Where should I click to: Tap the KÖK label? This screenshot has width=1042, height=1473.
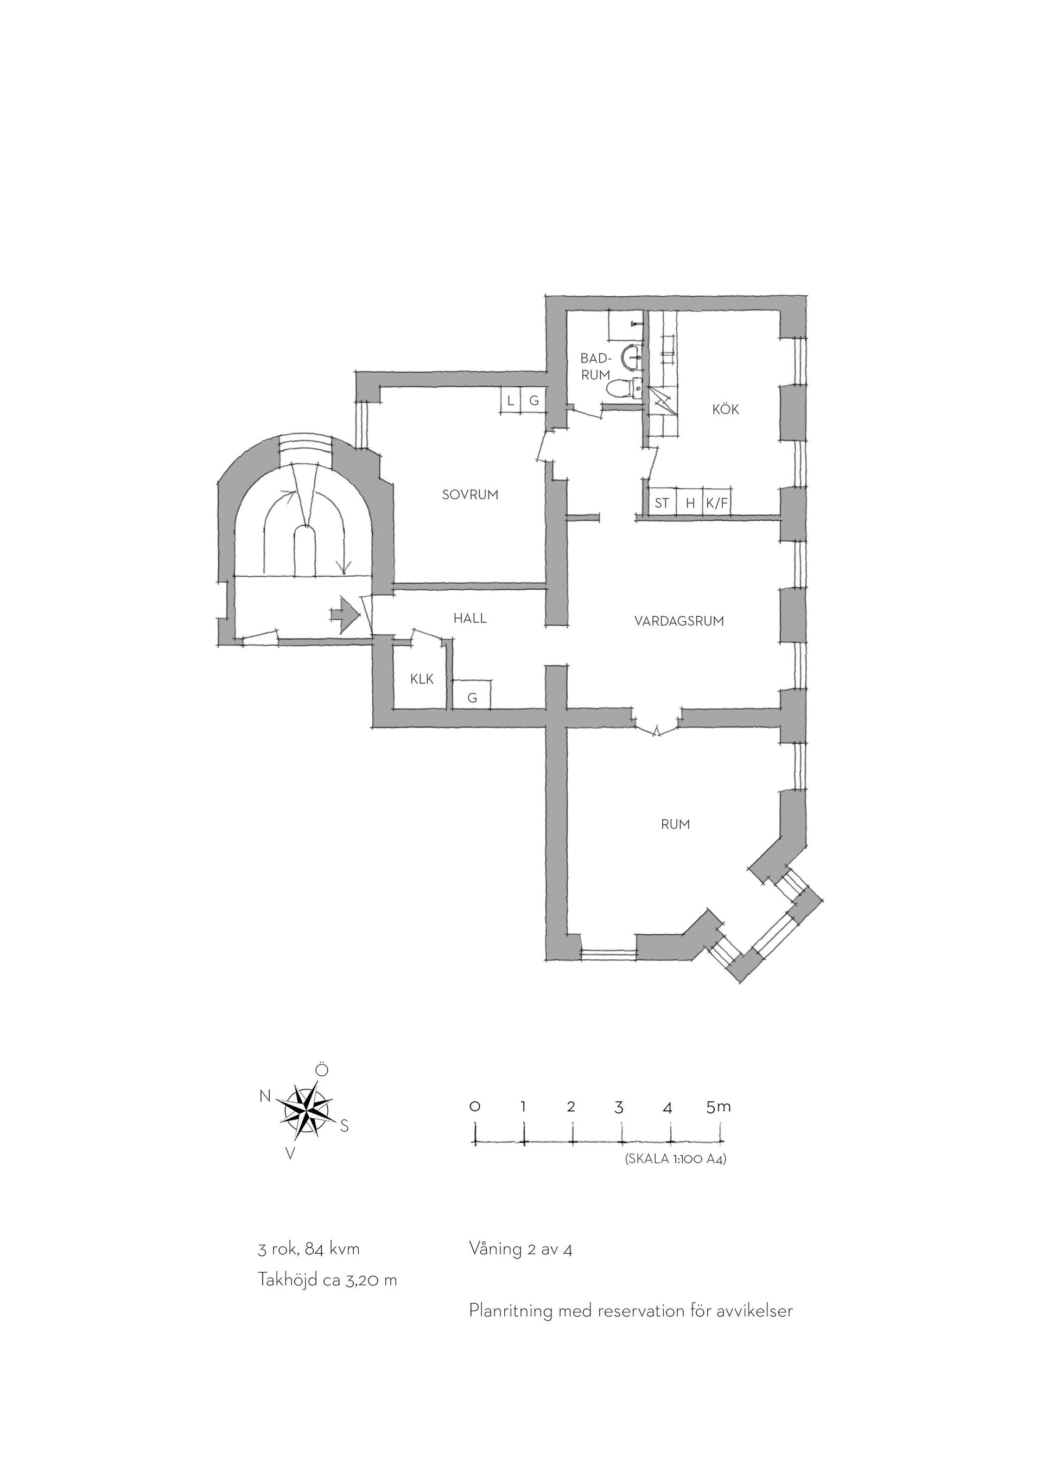point(726,409)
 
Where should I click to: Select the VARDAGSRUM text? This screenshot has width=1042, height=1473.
point(679,621)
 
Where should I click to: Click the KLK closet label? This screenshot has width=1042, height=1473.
point(422,679)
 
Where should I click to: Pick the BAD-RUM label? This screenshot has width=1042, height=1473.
point(595,366)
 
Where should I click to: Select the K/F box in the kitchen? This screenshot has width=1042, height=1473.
point(717,503)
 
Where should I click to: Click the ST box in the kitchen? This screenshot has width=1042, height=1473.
point(662,503)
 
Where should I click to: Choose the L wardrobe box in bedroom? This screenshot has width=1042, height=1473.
point(510,401)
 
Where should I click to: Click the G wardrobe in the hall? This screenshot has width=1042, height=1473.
point(472,695)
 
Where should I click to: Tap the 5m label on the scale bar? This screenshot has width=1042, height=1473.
point(718,1107)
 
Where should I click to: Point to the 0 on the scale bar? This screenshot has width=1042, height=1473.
point(475,1107)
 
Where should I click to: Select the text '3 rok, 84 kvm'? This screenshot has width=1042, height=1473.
point(309,1249)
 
